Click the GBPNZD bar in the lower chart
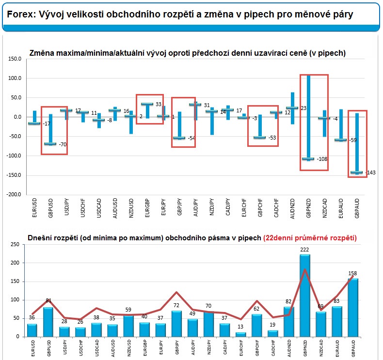(304, 296)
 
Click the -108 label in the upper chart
(322, 159)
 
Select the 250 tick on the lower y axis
(14, 245)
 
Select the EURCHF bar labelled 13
(240, 334)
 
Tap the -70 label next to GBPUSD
(63, 144)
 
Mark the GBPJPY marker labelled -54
(179, 138)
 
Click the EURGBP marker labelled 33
(147, 104)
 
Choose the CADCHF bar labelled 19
(272, 333)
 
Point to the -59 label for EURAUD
(354, 141)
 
